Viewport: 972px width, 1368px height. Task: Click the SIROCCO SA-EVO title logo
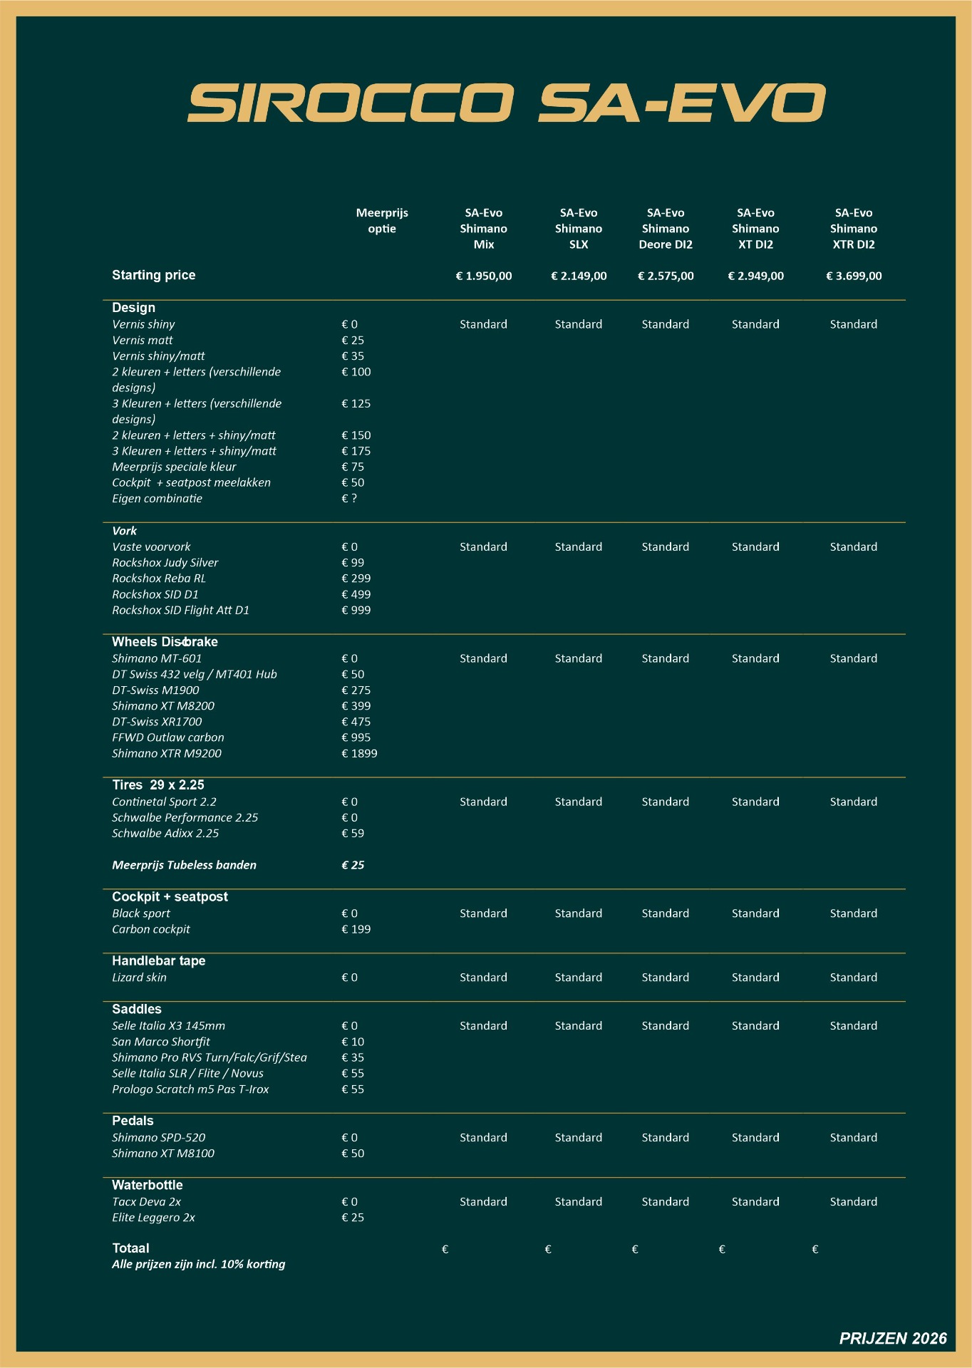click(506, 103)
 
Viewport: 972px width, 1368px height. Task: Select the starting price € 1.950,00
click(483, 276)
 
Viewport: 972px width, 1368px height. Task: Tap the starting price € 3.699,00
click(853, 276)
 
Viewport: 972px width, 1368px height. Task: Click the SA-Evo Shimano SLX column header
click(578, 228)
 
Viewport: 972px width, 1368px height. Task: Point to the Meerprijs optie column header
click(382, 220)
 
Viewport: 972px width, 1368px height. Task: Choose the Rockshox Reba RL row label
click(159, 579)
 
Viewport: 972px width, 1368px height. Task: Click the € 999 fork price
click(356, 610)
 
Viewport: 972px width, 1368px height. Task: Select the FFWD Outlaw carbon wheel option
click(167, 737)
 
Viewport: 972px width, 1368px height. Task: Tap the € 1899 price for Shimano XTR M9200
click(359, 753)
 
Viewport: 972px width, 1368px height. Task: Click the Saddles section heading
click(136, 1009)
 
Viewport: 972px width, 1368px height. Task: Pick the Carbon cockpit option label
click(150, 929)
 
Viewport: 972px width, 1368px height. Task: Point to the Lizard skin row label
click(139, 978)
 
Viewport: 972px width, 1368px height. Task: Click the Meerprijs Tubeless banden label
click(184, 865)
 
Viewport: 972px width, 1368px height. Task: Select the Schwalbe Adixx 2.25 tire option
click(165, 833)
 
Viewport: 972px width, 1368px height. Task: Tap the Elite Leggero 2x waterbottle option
click(153, 1218)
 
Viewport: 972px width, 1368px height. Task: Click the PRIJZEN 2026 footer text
click(892, 1338)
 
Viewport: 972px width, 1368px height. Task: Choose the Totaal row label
click(130, 1248)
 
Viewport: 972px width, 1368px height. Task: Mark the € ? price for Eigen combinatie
click(349, 499)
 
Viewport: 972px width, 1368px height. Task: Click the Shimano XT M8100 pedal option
click(162, 1154)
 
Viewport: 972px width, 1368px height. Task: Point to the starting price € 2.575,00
click(665, 276)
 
